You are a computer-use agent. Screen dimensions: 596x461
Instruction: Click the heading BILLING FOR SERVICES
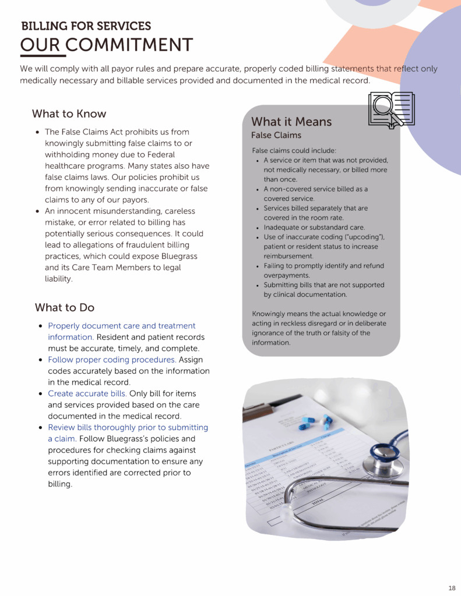pos(86,26)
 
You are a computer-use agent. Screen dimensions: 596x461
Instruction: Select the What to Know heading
pos(69,113)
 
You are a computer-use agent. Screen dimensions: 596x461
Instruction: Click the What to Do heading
pos(64,307)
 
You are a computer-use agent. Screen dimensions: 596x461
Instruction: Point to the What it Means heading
pos(291,122)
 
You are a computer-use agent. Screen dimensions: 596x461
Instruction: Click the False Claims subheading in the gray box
pos(276,136)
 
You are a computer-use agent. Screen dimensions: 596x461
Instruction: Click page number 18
pos(452,587)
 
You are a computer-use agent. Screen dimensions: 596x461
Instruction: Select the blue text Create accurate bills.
pos(87,394)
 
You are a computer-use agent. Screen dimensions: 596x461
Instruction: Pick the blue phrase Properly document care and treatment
pos(121,326)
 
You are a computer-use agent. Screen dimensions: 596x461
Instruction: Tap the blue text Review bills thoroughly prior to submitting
pos(128,428)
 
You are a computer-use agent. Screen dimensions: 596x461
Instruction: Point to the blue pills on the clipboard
pos(315,424)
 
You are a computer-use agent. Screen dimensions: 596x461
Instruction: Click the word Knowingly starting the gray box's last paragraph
pos(269,314)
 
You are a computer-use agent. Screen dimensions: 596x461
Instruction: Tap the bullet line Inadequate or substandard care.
pos(314,227)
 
